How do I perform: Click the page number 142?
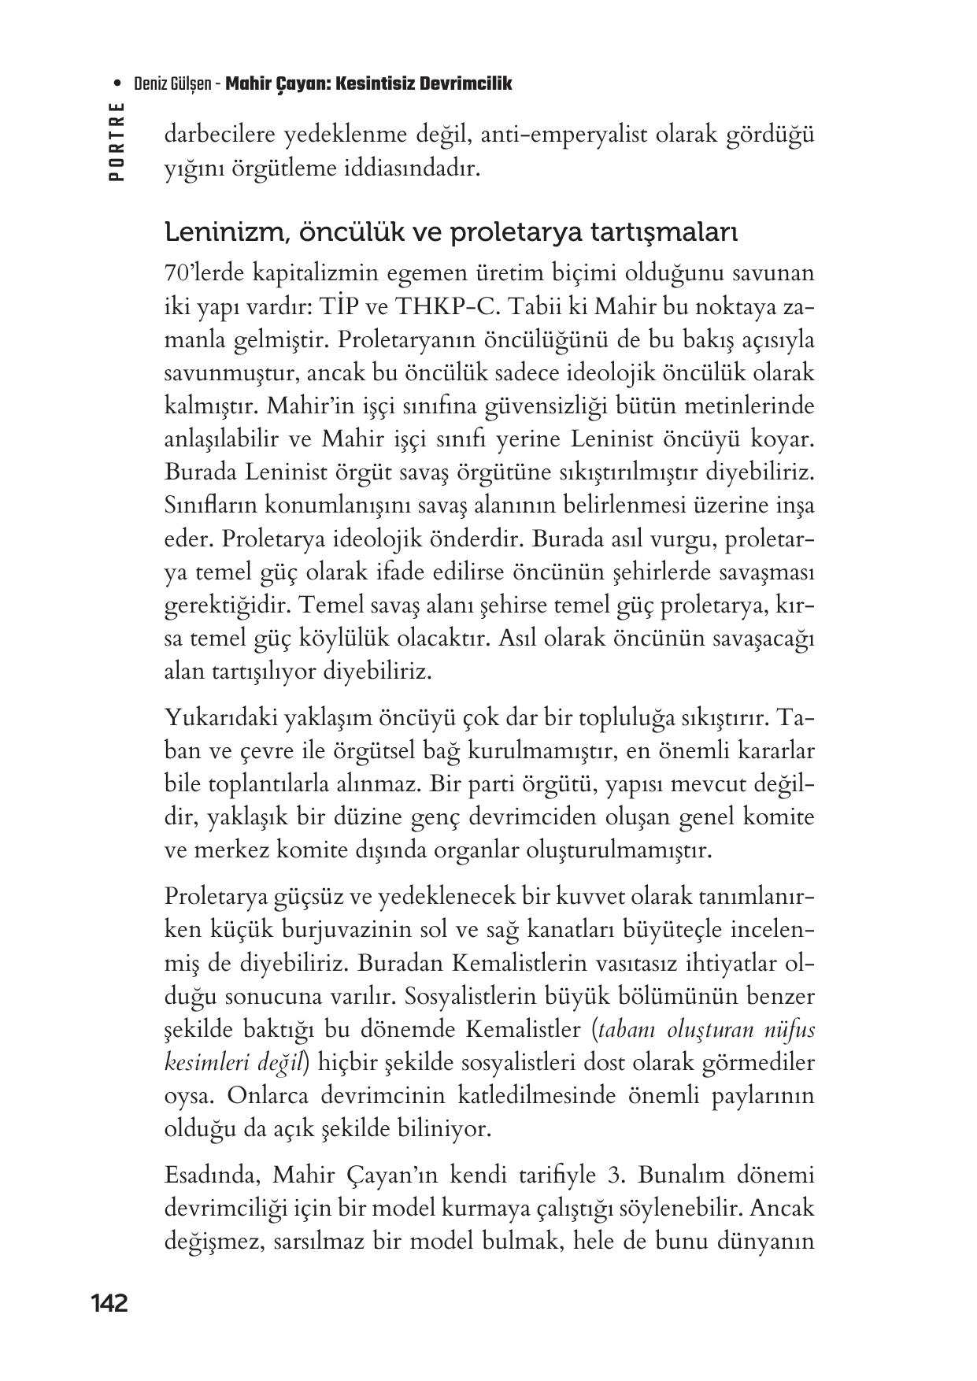point(109,1304)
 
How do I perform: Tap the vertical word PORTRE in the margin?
point(117,141)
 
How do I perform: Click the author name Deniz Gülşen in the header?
point(172,83)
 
